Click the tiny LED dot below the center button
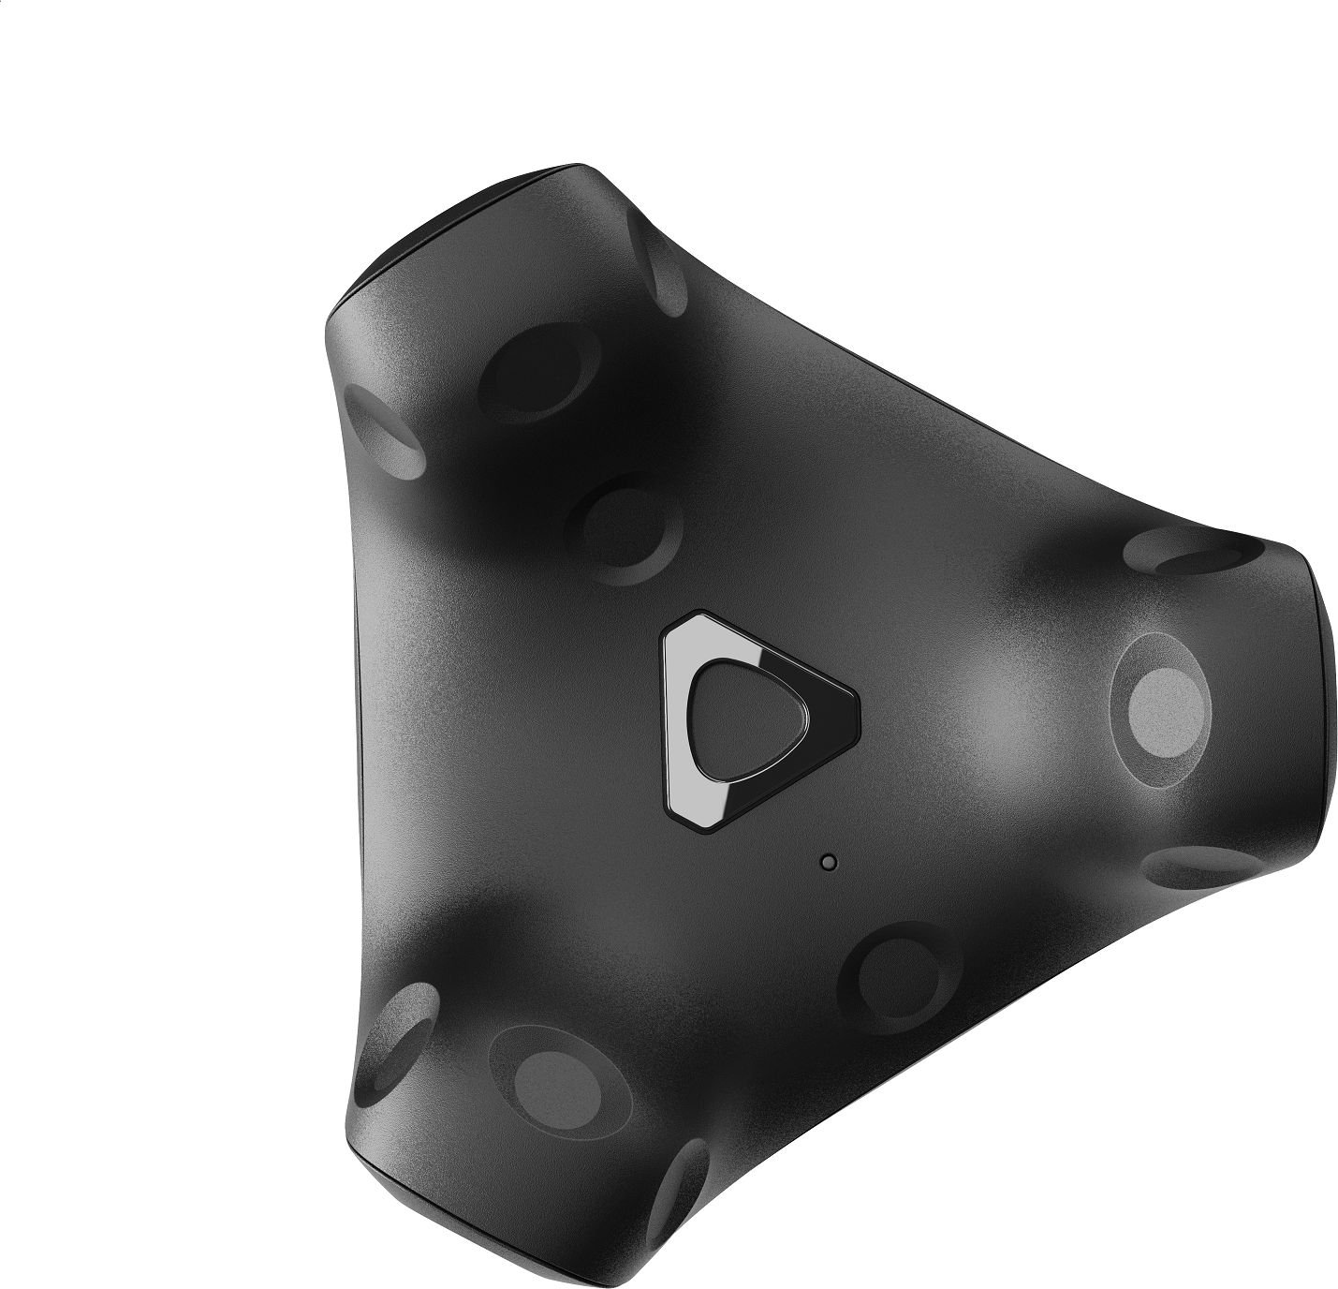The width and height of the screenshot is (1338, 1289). point(826,861)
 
